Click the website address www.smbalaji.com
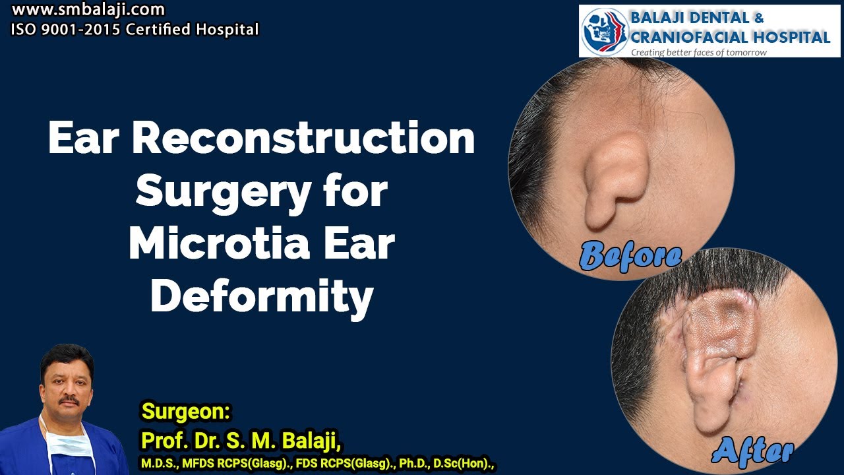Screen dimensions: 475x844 88,11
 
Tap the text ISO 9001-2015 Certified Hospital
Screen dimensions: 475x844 135,30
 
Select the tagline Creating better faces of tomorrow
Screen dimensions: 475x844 699,52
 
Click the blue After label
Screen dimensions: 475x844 753,451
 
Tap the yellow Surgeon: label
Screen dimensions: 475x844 186,412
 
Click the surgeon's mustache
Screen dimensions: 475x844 68,400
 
